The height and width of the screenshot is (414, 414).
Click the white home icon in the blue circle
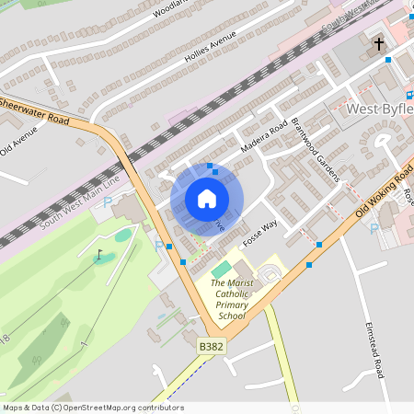coord(207,199)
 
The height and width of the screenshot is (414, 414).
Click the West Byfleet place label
coord(379,109)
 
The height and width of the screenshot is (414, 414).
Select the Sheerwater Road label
coord(35,109)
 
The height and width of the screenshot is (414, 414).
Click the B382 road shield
coord(212,347)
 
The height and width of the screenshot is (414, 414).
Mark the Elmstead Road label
coord(374,345)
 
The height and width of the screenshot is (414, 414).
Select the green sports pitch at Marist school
coord(221,271)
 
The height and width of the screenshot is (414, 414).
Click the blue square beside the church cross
coord(388,59)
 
